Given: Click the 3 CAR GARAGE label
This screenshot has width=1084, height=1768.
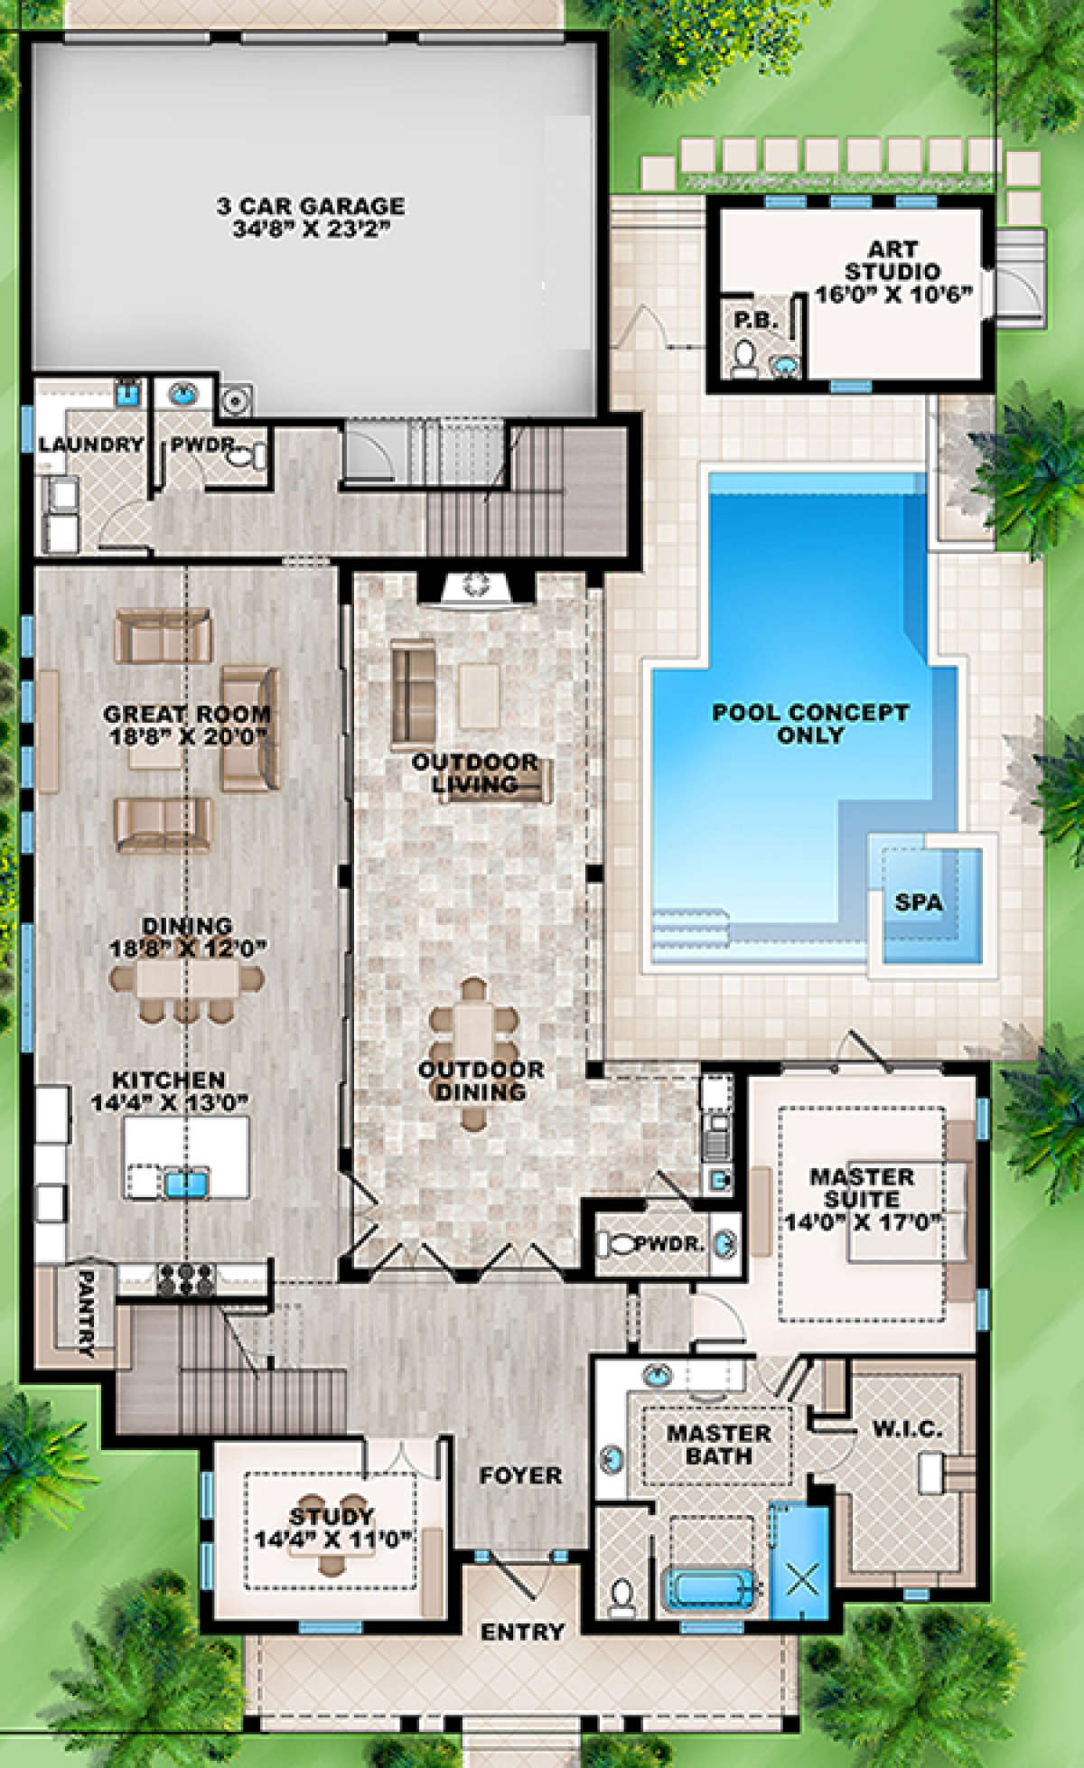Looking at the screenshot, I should point(310,206).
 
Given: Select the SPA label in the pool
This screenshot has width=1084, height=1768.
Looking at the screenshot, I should point(918,902).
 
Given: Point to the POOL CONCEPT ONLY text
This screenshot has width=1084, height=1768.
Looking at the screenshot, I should point(810,724).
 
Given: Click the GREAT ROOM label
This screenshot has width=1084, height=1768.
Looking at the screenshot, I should point(188,714).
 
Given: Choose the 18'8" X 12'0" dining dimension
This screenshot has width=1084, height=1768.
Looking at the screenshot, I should point(188,949).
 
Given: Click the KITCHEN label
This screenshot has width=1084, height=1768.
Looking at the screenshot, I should point(169,1080).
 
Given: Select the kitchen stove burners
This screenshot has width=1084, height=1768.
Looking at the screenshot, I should point(186,1279).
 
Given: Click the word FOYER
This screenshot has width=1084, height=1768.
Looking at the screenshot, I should point(520,1475).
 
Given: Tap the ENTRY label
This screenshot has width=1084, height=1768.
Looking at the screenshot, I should point(522,1632).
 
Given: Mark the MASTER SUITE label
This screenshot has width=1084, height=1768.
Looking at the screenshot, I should point(862,1188).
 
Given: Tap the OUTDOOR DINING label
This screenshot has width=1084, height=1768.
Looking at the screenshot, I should point(481,1080).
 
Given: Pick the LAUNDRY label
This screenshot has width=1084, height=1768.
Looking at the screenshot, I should point(91,444).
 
